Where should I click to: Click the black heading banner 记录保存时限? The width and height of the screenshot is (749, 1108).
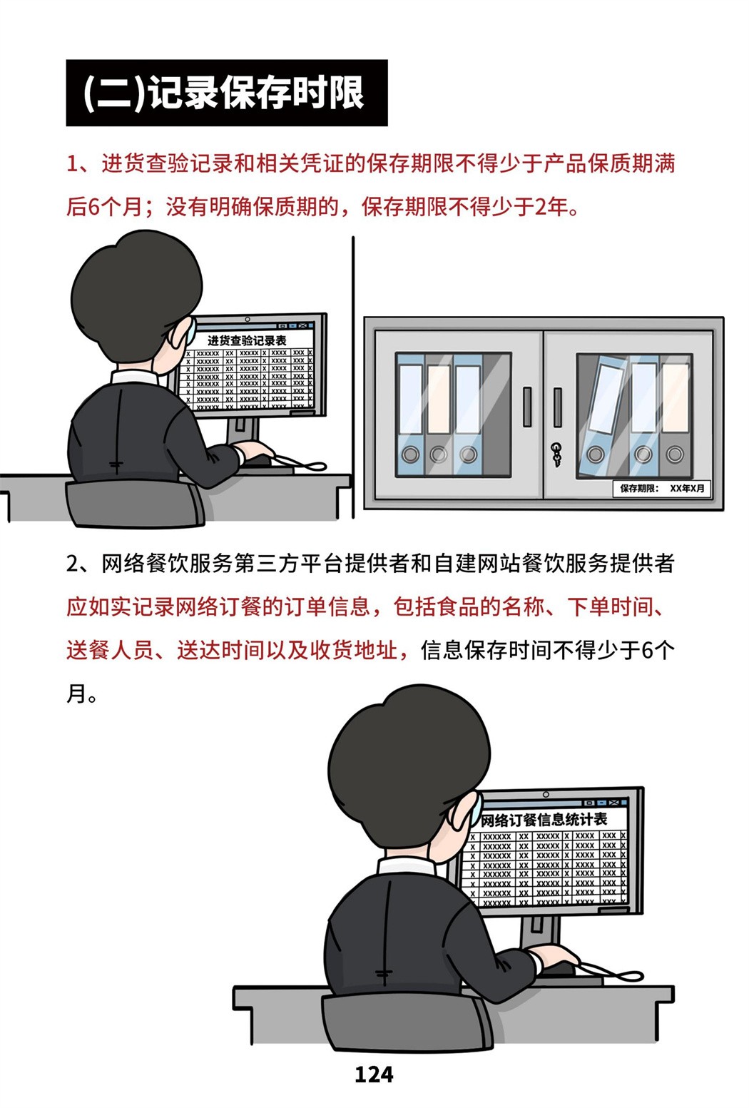pos(227,93)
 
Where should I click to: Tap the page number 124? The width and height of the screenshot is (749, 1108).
pos(374,1075)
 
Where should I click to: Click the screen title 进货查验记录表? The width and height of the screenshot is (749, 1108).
pos(246,340)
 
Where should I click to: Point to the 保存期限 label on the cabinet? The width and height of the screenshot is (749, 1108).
pos(662,488)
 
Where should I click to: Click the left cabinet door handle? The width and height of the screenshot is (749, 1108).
pos(527,407)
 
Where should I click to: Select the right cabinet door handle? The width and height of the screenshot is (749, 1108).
pos(558,407)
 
